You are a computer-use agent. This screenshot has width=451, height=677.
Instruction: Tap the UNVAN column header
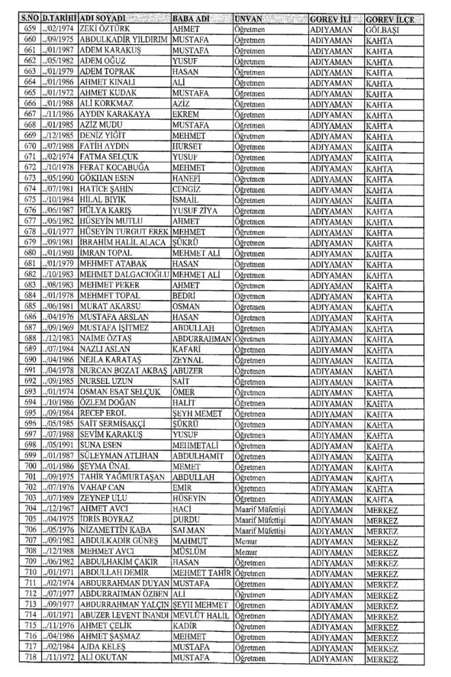point(249,16)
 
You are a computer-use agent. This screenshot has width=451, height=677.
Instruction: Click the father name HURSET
point(186,145)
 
